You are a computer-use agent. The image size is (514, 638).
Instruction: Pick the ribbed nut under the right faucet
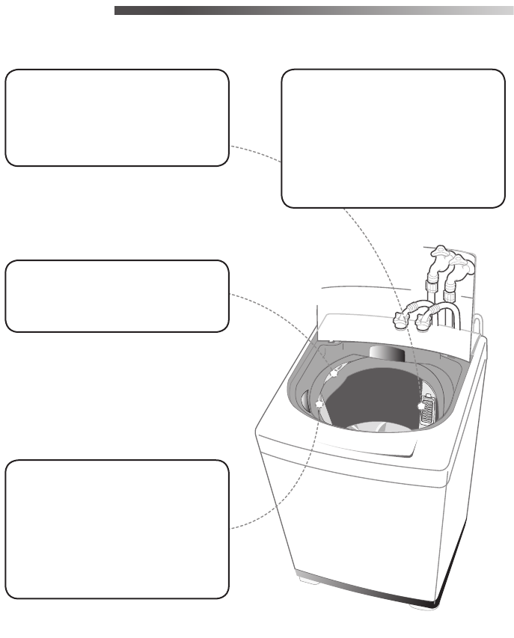pos(450,288)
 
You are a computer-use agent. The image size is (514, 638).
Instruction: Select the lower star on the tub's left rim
pos(319,403)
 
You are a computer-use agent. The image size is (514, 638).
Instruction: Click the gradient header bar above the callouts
pos(314,11)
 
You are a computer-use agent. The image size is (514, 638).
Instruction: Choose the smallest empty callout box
pos(116,296)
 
